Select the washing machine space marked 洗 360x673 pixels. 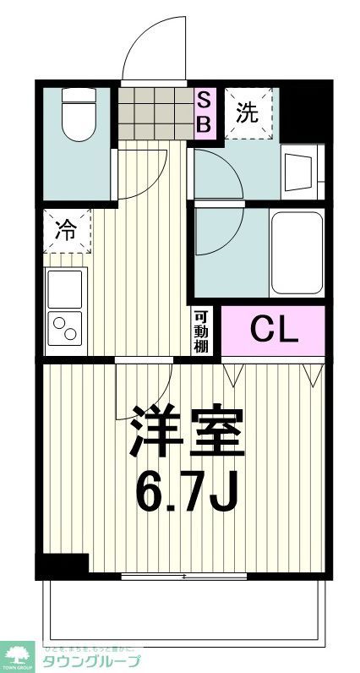[x=248, y=113]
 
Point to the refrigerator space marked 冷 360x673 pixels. [x=66, y=230]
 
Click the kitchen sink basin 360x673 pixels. [x=66, y=288]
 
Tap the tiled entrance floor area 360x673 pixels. [x=155, y=112]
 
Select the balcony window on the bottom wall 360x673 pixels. [x=184, y=577]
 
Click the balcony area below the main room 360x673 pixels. [x=184, y=609]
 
